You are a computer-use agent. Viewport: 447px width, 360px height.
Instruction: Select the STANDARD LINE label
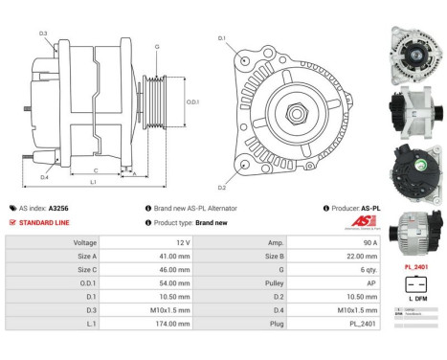coord(45,222)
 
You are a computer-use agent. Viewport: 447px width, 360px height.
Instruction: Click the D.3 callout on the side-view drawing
coord(44,34)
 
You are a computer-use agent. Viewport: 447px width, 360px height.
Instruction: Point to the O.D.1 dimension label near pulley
coord(192,102)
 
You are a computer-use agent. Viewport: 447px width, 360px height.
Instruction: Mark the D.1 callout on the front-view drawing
coord(222,38)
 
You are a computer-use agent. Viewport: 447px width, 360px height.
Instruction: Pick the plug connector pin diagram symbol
coord(413,284)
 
